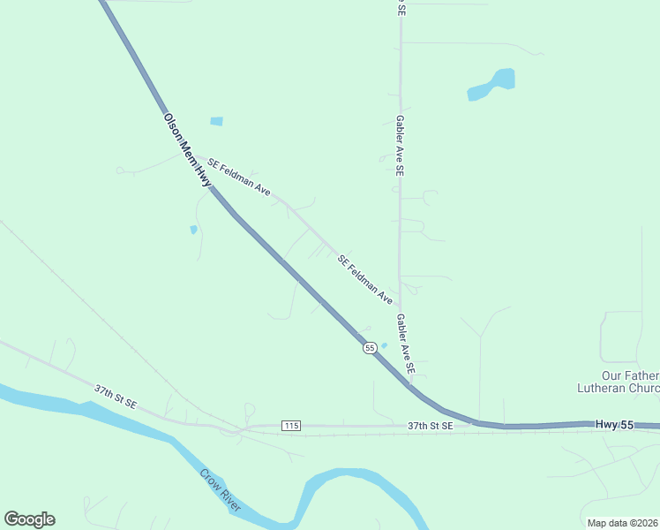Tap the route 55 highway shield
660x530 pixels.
[x=370, y=349]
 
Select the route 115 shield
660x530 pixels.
[x=291, y=426]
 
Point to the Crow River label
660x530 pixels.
[x=220, y=490]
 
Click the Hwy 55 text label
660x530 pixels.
[x=614, y=425]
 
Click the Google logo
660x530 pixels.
[x=29, y=519]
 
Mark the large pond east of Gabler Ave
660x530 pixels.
[x=493, y=84]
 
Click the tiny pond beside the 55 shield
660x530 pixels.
[x=383, y=345]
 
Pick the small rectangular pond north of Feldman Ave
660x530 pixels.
[x=216, y=121]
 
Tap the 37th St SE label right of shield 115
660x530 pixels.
[x=430, y=426]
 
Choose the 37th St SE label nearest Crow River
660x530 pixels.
[x=116, y=396]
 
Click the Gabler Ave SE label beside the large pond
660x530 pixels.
[x=400, y=145]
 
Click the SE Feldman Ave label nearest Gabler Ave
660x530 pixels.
[x=365, y=279]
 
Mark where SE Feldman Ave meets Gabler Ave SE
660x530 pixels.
[x=399, y=305]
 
